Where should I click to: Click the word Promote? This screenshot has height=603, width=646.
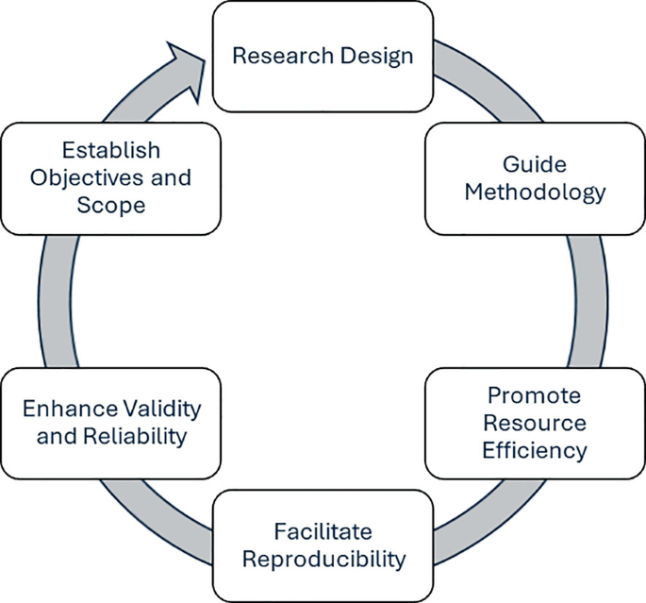(534, 394)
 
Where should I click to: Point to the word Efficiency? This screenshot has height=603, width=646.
(534, 450)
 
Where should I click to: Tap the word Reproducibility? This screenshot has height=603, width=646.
(323, 558)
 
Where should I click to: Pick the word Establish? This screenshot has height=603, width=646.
(111, 150)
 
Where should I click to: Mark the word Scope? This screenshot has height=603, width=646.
(112, 205)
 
